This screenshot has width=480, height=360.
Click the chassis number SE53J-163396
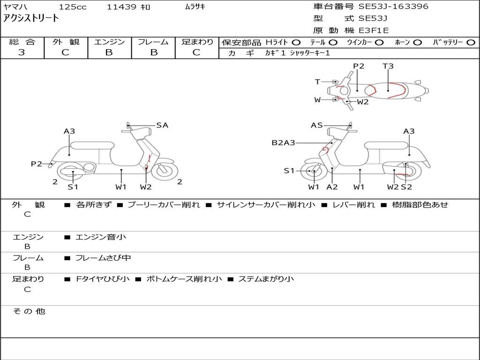click(393, 7)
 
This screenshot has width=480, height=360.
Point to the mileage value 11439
click(121, 7)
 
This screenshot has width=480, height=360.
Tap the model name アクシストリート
click(31, 18)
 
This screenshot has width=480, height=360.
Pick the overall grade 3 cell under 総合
click(22, 52)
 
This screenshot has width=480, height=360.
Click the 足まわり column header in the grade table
click(197, 42)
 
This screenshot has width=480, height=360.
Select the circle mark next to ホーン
click(418, 42)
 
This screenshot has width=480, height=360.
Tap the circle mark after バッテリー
click(471, 42)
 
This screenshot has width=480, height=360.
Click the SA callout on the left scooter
click(162, 125)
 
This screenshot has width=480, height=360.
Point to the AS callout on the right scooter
click(317, 125)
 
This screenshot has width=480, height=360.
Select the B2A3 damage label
click(283, 142)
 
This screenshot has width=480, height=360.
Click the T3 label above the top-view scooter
click(388, 66)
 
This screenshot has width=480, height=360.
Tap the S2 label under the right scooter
click(406, 187)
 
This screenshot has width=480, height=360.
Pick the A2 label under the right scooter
click(332, 187)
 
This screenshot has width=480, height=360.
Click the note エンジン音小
click(101, 237)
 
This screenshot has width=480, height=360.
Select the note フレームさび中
click(103, 258)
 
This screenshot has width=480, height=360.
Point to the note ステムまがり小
click(266, 279)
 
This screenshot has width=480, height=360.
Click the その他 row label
click(29, 311)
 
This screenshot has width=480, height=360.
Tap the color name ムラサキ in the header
click(195, 7)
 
